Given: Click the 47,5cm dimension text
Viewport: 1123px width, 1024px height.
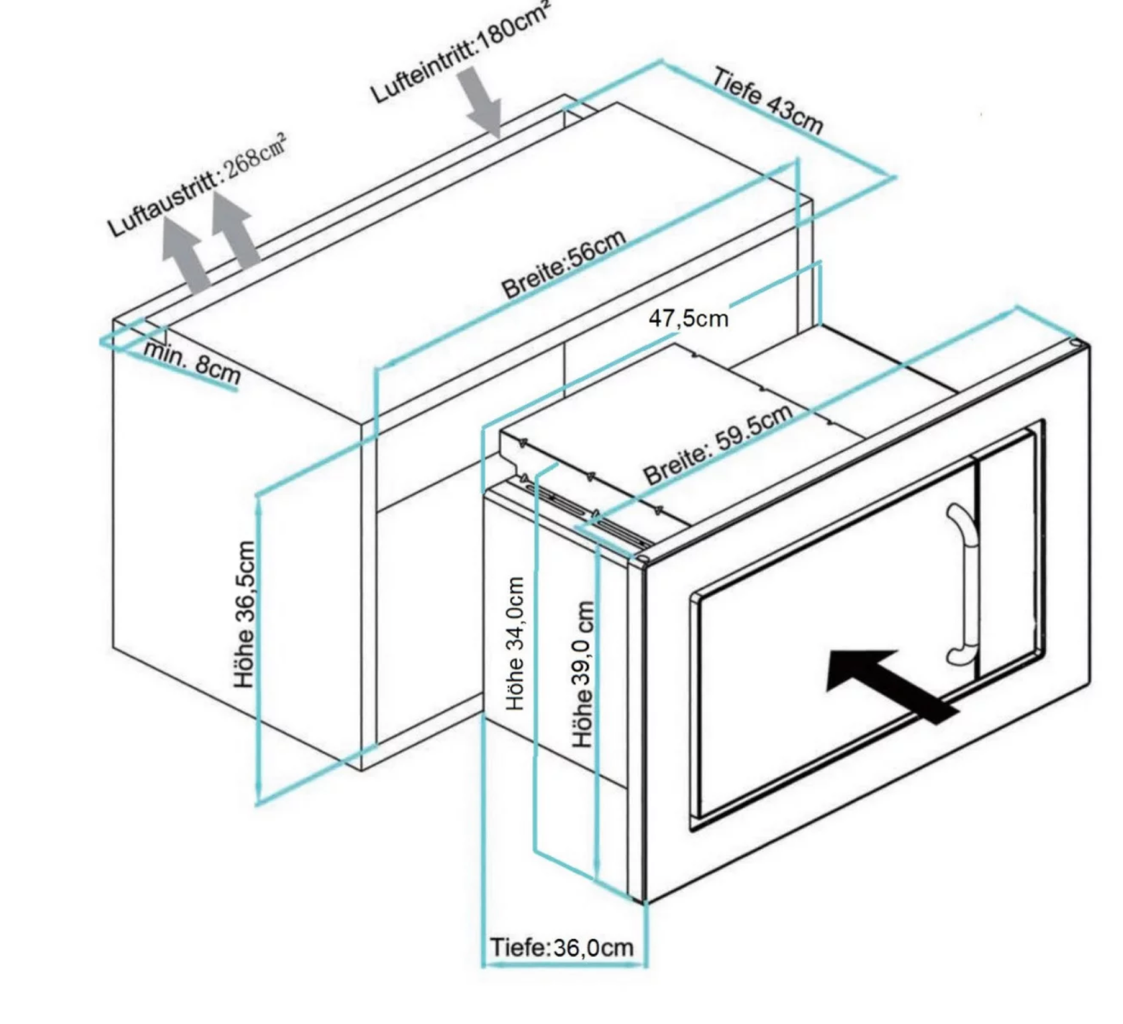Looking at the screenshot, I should pos(688,318).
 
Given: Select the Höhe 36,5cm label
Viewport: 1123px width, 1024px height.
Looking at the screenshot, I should pos(245,614).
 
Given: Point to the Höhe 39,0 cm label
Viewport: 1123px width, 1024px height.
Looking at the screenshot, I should pos(583,674).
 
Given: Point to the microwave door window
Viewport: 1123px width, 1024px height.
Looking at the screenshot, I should pos(831,643).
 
